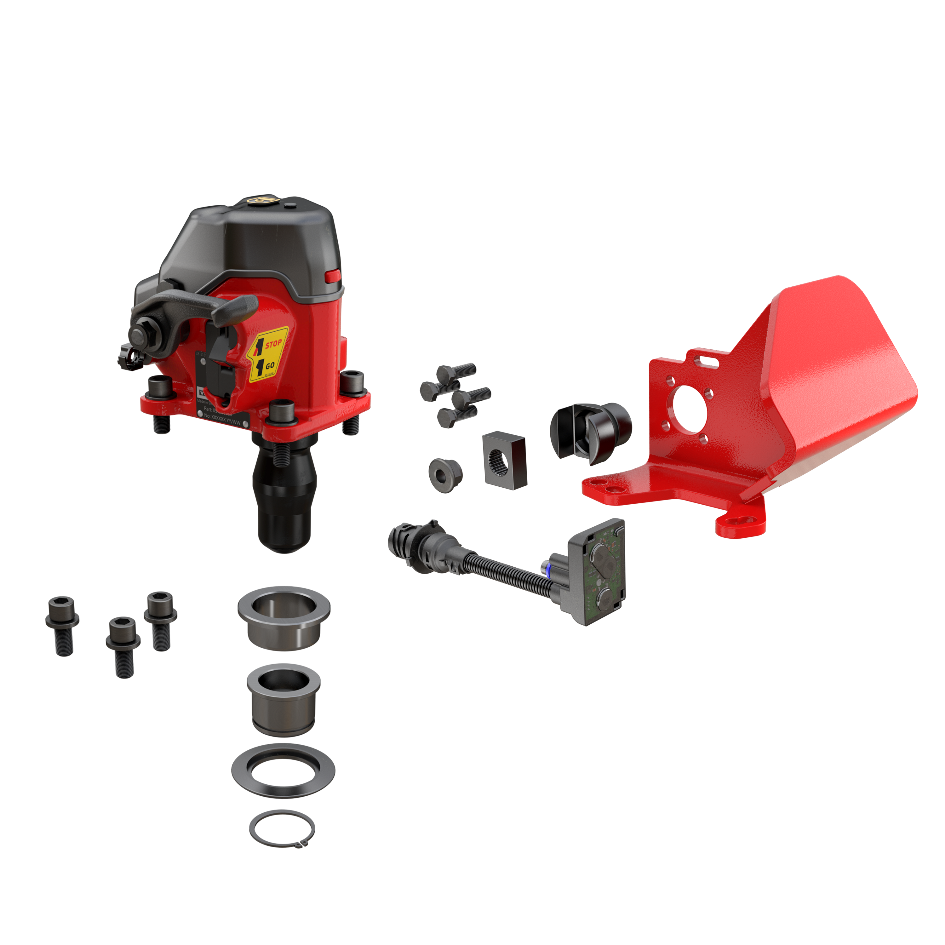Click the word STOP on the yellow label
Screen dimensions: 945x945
coord(273,344)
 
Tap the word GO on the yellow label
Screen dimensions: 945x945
coord(270,365)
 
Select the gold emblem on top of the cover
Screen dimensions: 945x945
coord(258,201)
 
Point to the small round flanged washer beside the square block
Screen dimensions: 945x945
coord(444,472)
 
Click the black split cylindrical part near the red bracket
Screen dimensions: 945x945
coord(594,433)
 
